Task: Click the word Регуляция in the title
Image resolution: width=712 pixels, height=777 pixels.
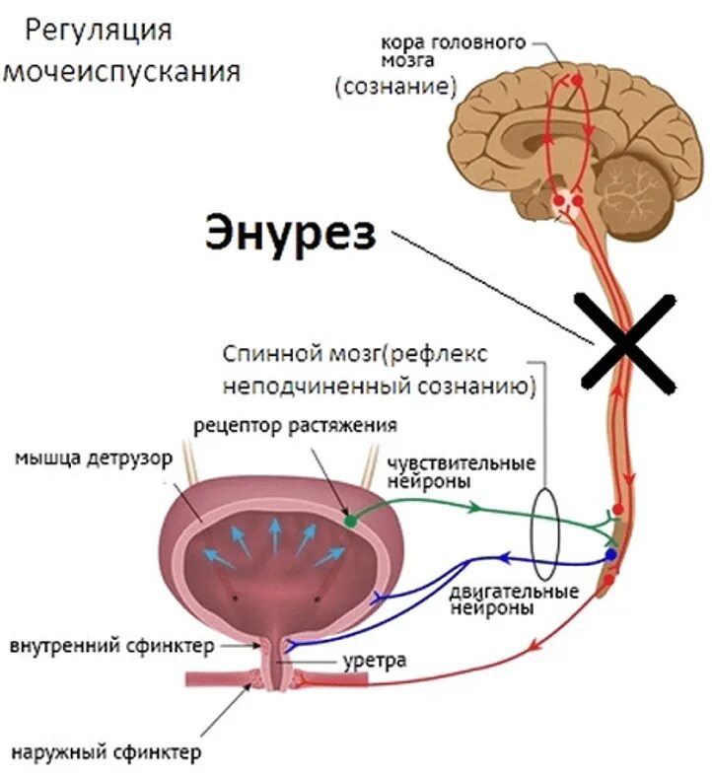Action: click(x=98, y=31)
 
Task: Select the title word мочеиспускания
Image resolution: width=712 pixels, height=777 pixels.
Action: click(x=123, y=72)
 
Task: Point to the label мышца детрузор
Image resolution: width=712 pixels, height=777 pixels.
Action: click(x=94, y=459)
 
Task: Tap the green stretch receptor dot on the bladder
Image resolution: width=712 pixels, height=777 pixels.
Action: click(x=349, y=519)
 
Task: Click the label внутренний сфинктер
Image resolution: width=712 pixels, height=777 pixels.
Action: click(x=111, y=647)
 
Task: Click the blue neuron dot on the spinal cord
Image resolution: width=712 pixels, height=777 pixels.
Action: click(x=611, y=554)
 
